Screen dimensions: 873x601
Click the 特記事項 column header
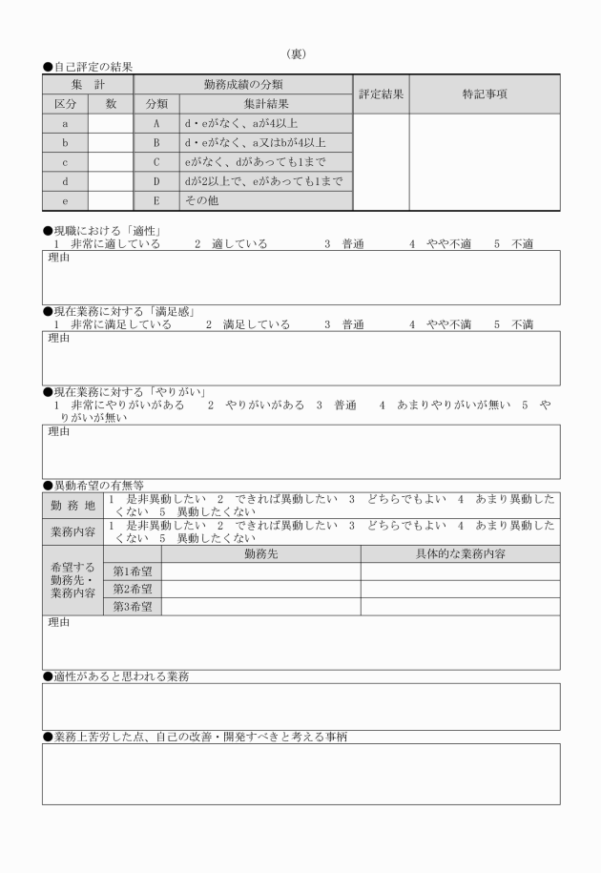point(485,94)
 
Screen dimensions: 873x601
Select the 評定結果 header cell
point(381,94)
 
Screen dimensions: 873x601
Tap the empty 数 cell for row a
point(111,124)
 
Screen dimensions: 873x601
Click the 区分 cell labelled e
point(65,201)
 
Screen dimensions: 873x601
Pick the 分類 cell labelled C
point(156,163)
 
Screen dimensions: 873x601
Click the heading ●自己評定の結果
point(88,67)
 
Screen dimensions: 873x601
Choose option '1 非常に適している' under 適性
point(107,244)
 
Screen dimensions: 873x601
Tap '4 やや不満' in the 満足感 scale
point(440,324)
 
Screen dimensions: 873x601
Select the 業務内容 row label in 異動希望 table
point(73,531)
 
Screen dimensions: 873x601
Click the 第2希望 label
point(133,589)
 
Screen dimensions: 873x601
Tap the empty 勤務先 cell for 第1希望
point(260,571)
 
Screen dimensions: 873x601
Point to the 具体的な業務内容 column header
point(460,553)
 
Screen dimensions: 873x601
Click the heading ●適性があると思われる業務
point(115,676)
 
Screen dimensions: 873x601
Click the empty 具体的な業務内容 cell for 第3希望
point(460,607)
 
